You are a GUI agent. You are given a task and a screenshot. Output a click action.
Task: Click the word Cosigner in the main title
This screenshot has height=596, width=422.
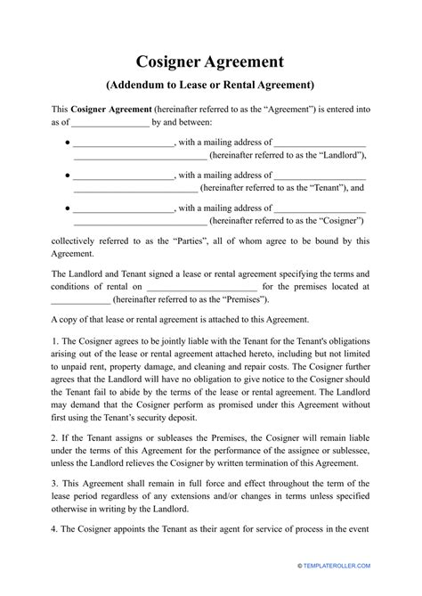pos(174,61)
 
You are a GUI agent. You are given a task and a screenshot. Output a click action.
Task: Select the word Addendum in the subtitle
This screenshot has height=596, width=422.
pos(140,86)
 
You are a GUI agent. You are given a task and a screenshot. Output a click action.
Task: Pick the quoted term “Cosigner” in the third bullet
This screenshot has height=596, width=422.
pos(335,220)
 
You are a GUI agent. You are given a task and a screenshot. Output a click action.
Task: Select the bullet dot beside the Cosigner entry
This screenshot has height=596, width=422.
pos(69,208)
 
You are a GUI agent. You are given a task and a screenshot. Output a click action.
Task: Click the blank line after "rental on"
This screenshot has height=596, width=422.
pos(200,287)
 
